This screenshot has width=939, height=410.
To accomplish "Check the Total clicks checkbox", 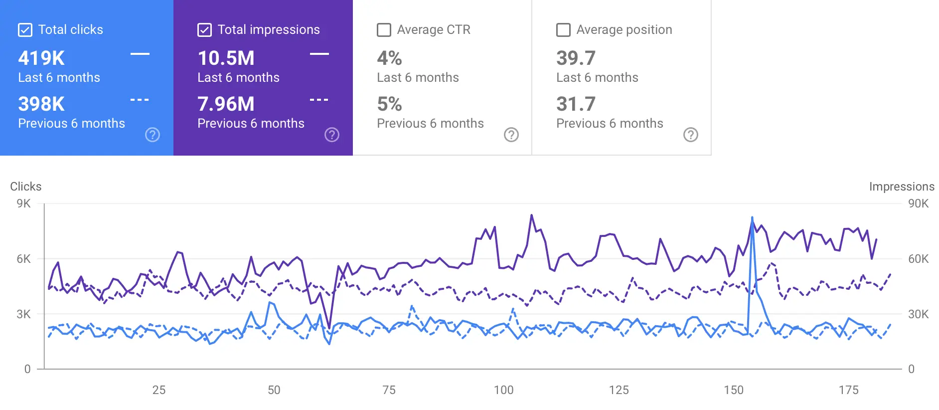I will coord(25,30).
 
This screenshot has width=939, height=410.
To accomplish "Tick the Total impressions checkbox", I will coord(204,30).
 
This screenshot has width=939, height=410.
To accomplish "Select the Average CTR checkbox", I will coord(384,30).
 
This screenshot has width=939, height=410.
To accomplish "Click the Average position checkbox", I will coord(563,30).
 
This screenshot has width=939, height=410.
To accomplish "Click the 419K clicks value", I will coord(41,58).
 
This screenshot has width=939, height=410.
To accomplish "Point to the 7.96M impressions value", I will coord(226,104).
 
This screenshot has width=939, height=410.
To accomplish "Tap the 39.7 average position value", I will coord(576,58).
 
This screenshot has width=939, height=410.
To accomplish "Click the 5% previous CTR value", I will coord(389,104).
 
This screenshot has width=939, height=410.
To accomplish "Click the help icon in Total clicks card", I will coord(153,135).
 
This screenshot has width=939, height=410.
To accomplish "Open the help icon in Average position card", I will coord(690,135).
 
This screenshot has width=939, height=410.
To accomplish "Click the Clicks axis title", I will coord(26,187).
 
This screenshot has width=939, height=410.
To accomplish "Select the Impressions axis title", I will coord(902,187).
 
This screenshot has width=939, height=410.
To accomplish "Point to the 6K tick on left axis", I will coord(23,259).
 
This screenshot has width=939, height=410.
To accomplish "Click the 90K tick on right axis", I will coord(918,204).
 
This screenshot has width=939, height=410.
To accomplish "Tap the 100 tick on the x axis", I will coord(503,390).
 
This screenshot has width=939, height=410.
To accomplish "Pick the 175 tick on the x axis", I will coord(848,390).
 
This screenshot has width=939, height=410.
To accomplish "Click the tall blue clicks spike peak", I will coord(752,218).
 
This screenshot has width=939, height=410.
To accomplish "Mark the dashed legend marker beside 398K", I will coord(140,100).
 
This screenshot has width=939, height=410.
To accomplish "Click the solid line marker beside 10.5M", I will coord(319,54).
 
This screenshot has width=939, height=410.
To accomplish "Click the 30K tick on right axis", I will coord(918,314).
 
